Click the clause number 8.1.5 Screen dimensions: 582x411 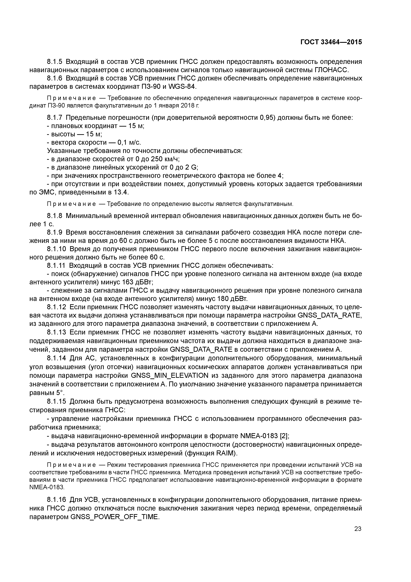55,62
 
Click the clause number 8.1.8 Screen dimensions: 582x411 55,216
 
